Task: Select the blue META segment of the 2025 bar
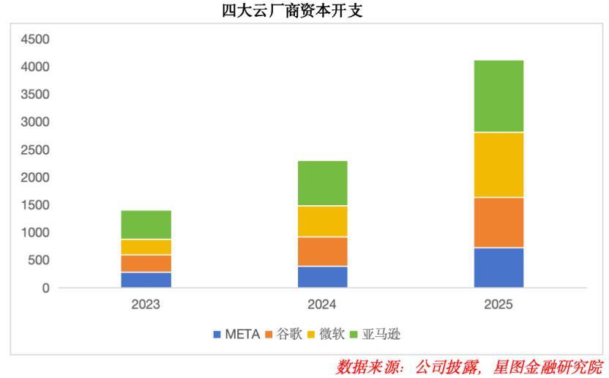(498, 267)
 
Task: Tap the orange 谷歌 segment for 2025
(498, 222)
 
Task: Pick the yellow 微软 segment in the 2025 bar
(498, 165)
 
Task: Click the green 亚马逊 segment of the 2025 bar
(498, 96)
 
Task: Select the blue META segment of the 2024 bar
(323, 276)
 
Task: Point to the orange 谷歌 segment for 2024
(323, 251)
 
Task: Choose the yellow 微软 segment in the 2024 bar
(323, 221)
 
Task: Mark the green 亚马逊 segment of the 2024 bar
(323, 183)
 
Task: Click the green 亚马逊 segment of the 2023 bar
(146, 225)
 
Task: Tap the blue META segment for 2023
(146, 280)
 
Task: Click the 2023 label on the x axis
(146, 305)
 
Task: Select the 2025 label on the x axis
(498, 305)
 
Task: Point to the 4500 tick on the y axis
(35, 39)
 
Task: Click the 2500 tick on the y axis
(35, 149)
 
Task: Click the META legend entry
(236, 335)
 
